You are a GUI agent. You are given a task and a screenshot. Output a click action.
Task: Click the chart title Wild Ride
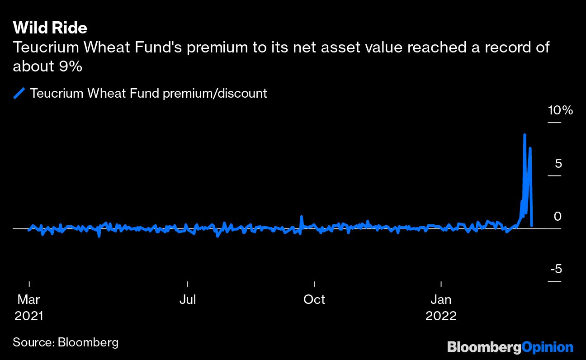point(50,28)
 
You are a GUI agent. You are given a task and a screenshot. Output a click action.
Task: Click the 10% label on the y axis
point(561,110)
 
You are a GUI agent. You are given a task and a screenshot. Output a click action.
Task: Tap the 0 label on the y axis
point(558,217)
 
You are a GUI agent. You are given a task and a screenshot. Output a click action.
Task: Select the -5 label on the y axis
point(556,269)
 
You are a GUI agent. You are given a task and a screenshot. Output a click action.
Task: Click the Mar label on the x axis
point(29,299)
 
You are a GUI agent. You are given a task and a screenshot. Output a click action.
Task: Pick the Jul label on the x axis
point(187,299)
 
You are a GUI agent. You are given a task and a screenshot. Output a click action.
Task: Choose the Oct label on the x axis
point(314,299)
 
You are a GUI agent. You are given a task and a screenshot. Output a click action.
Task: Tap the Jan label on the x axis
point(441,299)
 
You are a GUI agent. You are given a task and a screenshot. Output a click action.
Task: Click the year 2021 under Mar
point(29,316)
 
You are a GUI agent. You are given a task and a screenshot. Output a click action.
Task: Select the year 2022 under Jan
point(441,316)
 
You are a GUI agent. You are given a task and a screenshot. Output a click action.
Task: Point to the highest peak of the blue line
point(525,135)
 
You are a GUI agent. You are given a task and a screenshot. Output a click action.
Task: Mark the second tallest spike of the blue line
point(530,148)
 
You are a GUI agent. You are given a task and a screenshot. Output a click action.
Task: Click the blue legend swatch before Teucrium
point(19,94)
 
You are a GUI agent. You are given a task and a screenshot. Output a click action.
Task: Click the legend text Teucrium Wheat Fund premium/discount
point(148,94)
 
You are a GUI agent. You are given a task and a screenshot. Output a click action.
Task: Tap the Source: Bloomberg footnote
point(66,342)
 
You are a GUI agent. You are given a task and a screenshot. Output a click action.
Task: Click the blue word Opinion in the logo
point(548,347)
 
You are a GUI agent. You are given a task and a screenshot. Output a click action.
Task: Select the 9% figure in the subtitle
point(70,66)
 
